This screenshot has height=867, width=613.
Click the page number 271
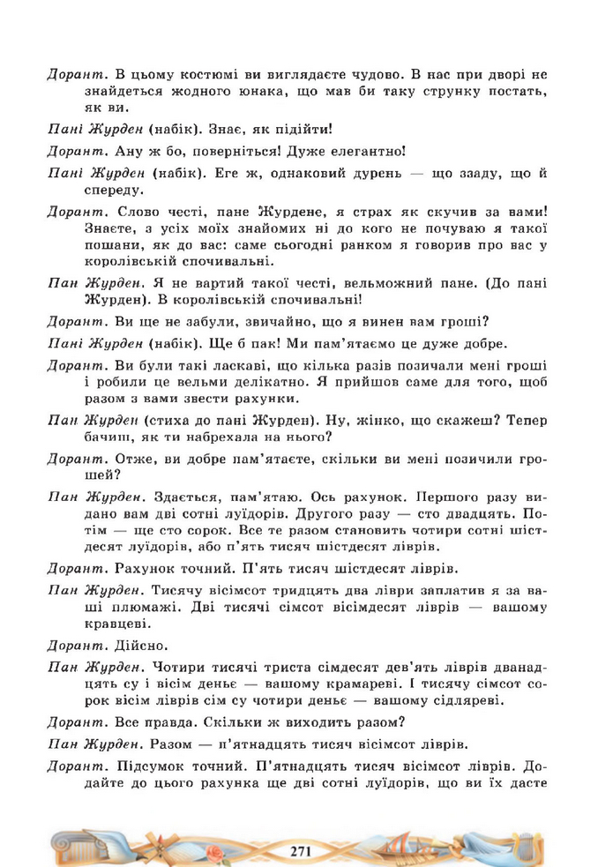coord(302,849)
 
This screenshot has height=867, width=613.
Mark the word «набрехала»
coord(249,436)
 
